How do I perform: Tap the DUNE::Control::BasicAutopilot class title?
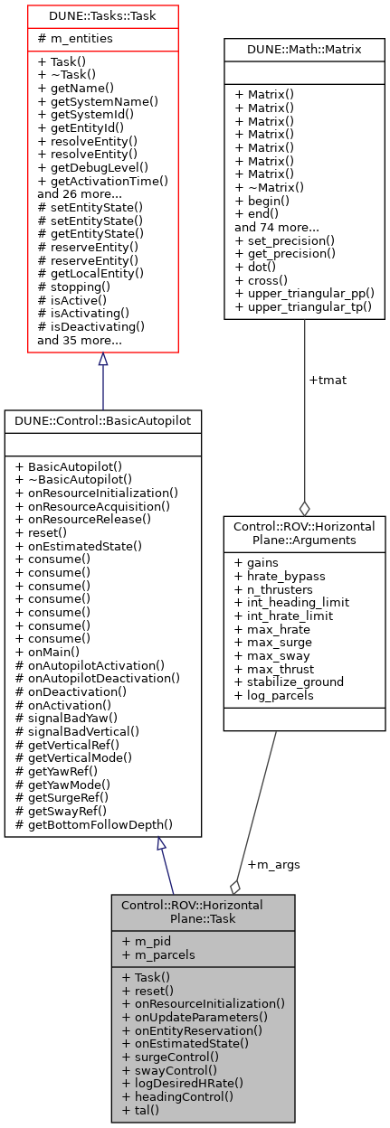102,420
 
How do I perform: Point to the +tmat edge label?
327,380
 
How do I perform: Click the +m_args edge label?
272,864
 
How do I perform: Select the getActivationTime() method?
102,181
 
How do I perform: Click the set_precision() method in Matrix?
284,240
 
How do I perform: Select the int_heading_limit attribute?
290,602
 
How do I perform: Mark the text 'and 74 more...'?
276,228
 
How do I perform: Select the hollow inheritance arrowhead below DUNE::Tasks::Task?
102,360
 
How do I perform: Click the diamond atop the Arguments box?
304,509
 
